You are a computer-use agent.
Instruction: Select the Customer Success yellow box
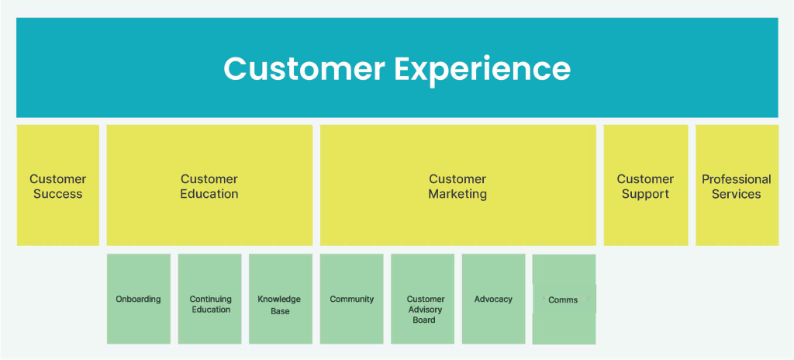(57, 185)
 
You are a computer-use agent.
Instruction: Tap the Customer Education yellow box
(209, 185)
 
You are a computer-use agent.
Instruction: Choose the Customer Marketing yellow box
(457, 185)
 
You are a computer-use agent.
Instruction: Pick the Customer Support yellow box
(646, 185)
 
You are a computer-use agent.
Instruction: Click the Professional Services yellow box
(737, 185)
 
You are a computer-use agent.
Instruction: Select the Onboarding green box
(139, 299)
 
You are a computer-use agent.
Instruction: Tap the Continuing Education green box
(209, 299)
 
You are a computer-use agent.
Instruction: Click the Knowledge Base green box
(281, 299)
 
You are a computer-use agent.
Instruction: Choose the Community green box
(351, 299)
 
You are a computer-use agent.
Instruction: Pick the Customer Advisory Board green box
(423, 299)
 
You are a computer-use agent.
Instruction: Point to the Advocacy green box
(493, 299)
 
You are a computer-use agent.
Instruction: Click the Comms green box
(564, 299)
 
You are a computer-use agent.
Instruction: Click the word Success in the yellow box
(57, 194)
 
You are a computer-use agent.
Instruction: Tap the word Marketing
(457, 194)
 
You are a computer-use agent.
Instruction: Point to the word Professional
(737, 179)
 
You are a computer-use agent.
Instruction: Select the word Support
(646, 194)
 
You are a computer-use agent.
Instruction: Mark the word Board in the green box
(424, 320)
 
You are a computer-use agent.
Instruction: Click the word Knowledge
(279, 299)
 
